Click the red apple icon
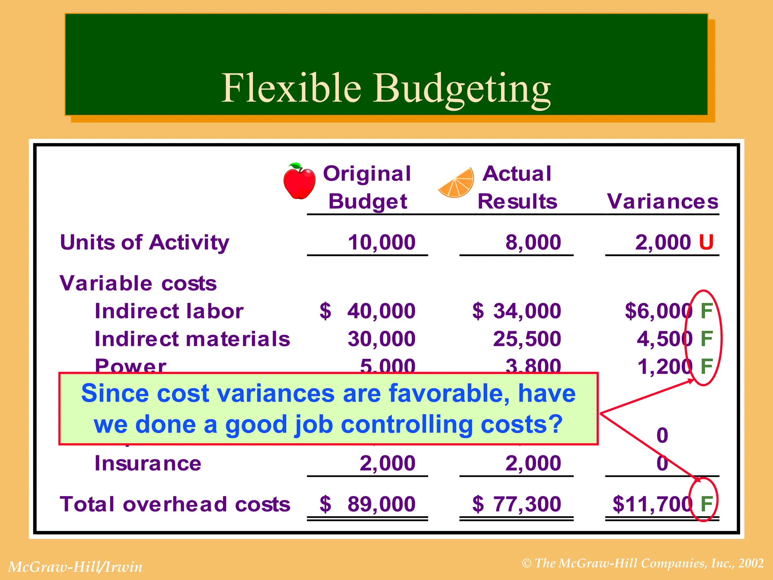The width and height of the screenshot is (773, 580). pyautogui.click(x=300, y=181)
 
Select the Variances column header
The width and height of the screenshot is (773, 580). pyautogui.click(x=662, y=201)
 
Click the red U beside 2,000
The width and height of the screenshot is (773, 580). pyautogui.click(x=706, y=242)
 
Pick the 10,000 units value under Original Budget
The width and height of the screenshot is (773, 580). pyautogui.click(x=382, y=242)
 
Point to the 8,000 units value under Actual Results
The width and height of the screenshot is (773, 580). pyautogui.click(x=533, y=242)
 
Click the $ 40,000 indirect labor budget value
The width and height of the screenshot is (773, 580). pyautogui.click(x=368, y=311)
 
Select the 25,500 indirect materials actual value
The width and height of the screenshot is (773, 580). pyautogui.click(x=527, y=339)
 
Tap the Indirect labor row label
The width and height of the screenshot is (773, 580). pyautogui.click(x=169, y=311)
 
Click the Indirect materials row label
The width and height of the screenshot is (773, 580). pyautogui.click(x=192, y=339)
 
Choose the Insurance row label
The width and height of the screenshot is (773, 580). pyautogui.click(x=148, y=463)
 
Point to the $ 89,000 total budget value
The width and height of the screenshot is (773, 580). pyautogui.click(x=368, y=504)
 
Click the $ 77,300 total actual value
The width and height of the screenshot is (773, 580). pyautogui.click(x=517, y=504)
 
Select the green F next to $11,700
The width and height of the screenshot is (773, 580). pyautogui.click(x=706, y=504)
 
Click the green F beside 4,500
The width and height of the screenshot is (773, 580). pyautogui.click(x=706, y=339)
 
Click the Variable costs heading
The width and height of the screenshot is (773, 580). pyautogui.click(x=138, y=283)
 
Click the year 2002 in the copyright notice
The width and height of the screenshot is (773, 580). pyautogui.click(x=751, y=563)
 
